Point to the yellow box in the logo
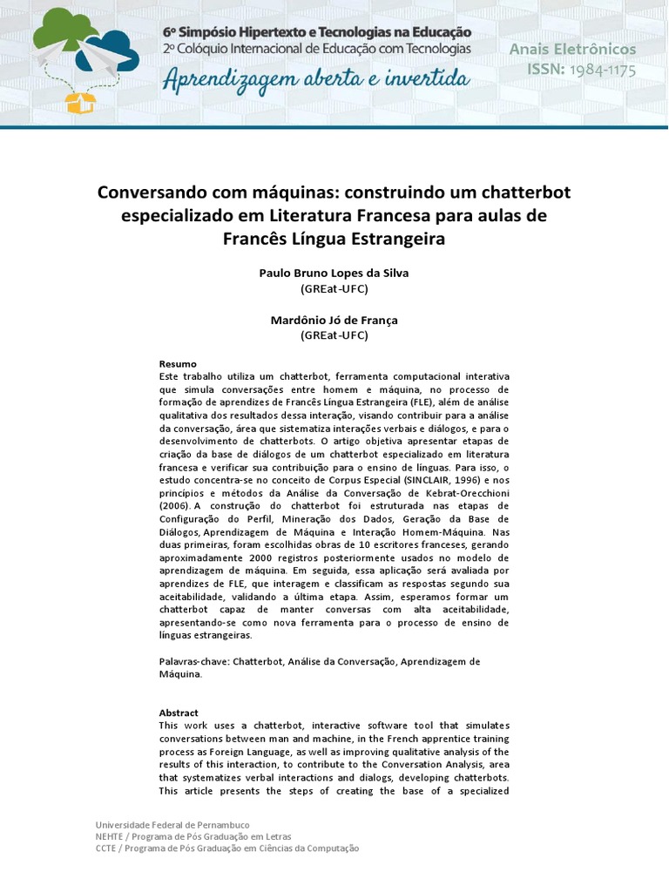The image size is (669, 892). point(79,102)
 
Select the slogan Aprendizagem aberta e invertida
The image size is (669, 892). point(315,80)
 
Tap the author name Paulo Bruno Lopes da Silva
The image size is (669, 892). point(334,273)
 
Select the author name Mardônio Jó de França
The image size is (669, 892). point(334,321)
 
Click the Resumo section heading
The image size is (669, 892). point(178,363)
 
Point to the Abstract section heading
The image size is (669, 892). point(179,713)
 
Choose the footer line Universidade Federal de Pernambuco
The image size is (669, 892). point(172,825)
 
